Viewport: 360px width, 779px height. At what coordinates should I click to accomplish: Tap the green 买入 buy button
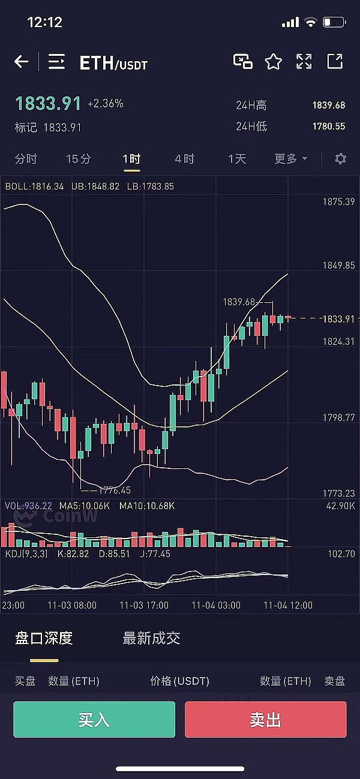94,719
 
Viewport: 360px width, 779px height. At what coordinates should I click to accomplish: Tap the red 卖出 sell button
265,719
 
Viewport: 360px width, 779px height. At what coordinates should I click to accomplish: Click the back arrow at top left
22,61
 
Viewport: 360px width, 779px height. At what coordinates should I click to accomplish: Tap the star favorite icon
274,61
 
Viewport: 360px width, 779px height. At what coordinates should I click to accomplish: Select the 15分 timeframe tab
79,159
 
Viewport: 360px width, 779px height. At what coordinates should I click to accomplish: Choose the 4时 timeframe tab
184,159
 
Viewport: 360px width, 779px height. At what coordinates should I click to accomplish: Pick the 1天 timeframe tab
237,159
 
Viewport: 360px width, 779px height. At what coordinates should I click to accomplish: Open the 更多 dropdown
291,159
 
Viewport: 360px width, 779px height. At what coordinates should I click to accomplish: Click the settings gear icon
340,159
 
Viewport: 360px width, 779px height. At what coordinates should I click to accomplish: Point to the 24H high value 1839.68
328,105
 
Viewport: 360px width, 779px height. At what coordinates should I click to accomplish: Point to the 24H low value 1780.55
328,126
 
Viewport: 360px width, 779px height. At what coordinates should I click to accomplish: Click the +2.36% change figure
106,104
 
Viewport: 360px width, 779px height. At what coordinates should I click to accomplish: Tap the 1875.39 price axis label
338,201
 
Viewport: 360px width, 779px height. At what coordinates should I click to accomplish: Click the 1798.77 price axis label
338,417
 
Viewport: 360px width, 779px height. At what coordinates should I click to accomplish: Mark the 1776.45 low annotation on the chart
115,490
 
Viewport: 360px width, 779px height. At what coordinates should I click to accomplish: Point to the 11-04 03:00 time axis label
216,605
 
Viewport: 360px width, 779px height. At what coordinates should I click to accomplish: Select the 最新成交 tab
151,638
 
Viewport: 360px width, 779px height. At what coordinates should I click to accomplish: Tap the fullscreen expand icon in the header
304,61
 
